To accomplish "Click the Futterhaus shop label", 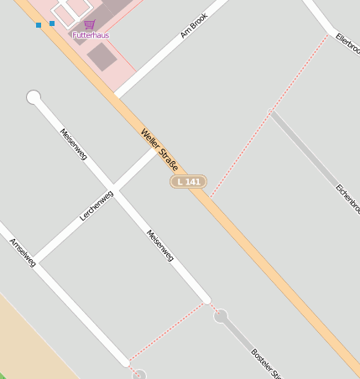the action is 90,35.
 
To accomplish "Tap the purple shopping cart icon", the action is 90,24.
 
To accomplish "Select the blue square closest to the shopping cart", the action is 52,23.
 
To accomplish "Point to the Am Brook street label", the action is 194,26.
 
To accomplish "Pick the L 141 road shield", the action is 188,181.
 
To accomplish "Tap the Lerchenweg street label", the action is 97,205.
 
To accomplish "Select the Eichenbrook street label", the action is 347,198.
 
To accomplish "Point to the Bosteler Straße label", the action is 269,362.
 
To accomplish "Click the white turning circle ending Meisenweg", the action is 34,97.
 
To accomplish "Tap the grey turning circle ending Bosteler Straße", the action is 221,316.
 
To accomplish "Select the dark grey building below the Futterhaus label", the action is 102,57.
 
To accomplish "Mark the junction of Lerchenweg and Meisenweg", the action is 117,190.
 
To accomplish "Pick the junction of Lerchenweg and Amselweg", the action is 35,261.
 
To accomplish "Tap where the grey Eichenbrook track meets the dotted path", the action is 271,111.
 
